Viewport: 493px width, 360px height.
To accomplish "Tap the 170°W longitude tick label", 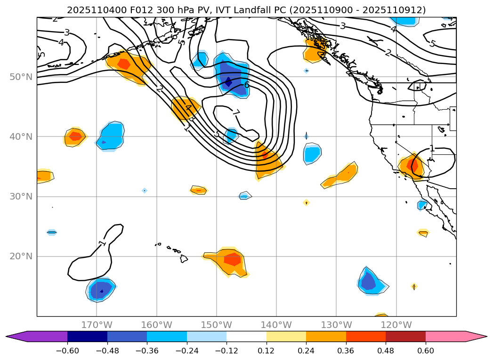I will tap(97, 325).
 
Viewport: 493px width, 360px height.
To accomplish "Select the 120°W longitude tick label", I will tap(396, 325).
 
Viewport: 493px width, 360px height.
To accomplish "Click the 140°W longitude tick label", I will tap(276, 325).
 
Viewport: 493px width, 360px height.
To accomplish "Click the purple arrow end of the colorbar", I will tap(14, 336).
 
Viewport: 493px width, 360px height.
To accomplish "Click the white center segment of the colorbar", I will tap(246, 336).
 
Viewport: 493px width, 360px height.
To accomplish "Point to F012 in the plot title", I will tap(125, 10).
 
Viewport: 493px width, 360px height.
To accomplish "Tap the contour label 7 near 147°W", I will tap(236, 112).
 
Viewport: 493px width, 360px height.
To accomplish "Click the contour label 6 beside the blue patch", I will tap(247, 85).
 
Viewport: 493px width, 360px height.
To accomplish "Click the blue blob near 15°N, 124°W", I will tap(369, 282).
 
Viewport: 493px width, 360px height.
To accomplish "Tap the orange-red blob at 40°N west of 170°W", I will tap(75, 137).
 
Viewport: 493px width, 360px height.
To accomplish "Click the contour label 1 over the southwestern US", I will tap(431, 149).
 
